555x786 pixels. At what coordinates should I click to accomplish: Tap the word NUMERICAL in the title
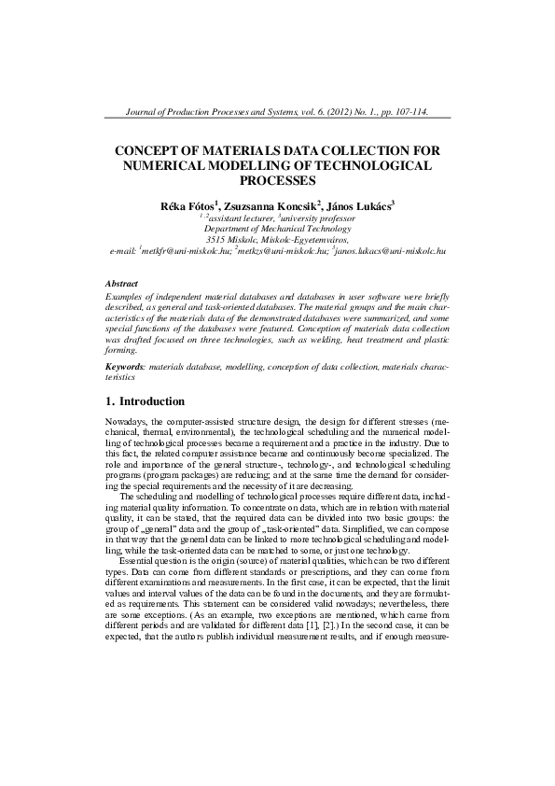click(x=166, y=164)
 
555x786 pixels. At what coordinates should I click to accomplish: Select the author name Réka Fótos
click(x=188, y=204)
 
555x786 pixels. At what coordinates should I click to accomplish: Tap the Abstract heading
click(x=122, y=283)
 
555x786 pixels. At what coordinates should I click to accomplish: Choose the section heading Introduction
click(x=153, y=401)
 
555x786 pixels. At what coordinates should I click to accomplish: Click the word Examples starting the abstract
click(x=126, y=295)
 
